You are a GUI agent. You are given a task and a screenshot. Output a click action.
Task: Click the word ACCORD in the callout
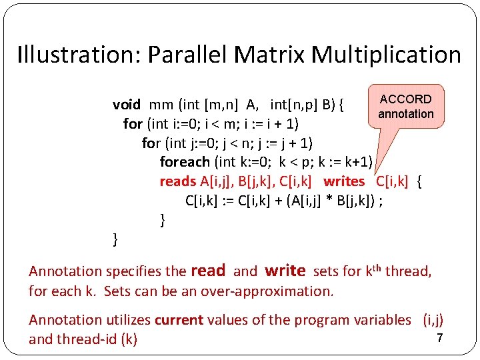click(x=405, y=99)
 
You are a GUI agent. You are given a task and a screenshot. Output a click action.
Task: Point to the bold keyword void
click(x=127, y=105)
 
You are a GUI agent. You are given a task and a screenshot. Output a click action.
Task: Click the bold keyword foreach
click(x=185, y=162)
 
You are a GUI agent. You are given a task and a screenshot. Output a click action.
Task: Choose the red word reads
click(x=178, y=181)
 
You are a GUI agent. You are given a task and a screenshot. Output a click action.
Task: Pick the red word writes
click(x=344, y=181)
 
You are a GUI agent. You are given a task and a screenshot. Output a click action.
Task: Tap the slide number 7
click(x=439, y=338)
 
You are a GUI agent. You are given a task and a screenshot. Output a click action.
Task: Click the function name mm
click(x=161, y=105)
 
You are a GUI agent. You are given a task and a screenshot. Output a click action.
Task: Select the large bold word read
click(x=208, y=270)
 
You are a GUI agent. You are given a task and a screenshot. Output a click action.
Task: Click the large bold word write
click(x=285, y=270)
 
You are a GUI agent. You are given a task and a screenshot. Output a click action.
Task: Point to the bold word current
click(x=179, y=320)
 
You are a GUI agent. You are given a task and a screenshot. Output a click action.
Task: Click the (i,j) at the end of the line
click(x=433, y=320)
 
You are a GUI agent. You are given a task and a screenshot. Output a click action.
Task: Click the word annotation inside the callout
click(x=405, y=114)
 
